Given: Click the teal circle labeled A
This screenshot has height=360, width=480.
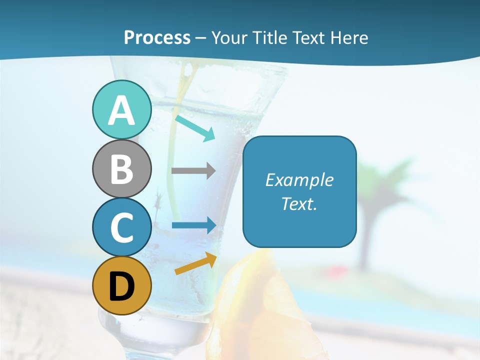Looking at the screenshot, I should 121,109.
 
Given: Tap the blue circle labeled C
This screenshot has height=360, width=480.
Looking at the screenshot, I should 121,227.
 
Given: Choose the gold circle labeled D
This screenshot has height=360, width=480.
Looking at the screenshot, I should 121,285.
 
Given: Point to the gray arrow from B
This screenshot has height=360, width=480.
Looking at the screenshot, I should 193,170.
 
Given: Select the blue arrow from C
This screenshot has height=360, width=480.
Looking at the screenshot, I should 194,225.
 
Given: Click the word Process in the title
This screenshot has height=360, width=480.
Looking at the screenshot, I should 157,38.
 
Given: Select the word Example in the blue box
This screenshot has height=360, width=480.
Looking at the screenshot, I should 299,180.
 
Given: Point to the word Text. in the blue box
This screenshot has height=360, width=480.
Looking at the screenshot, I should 299,204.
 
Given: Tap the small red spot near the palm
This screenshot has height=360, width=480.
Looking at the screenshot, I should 332,272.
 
